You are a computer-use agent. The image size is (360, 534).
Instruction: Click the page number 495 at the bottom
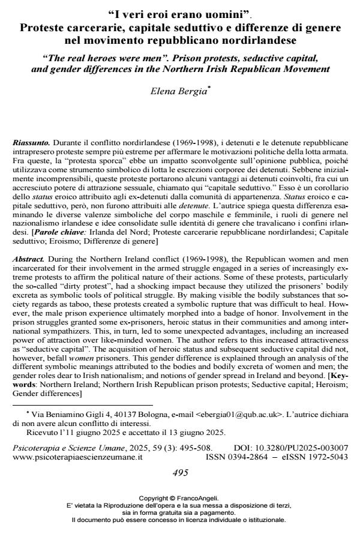pyautogui.click(x=180, y=472)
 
